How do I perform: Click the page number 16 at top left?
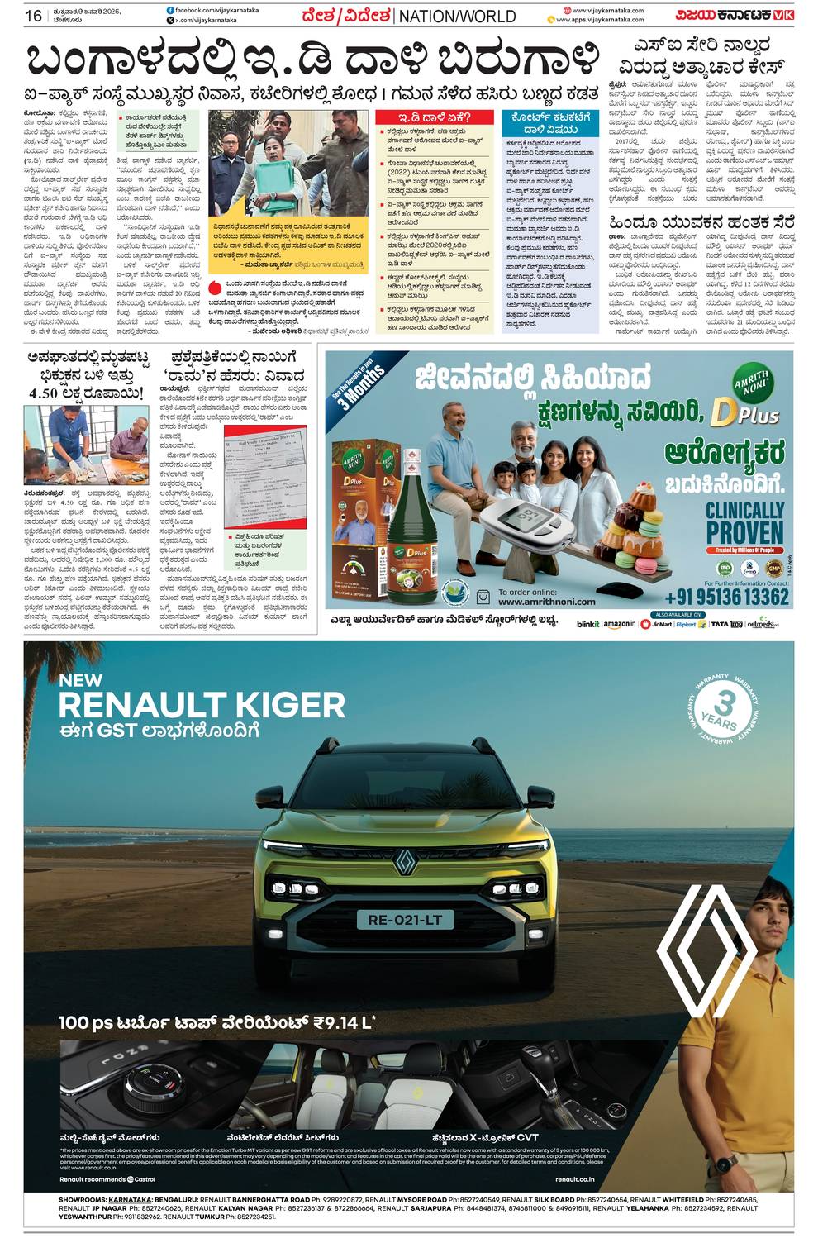point(33,16)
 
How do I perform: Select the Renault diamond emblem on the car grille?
point(405,861)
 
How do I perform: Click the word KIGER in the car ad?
point(277,705)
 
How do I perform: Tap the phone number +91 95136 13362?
point(726,597)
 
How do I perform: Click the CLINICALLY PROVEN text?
point(744,521)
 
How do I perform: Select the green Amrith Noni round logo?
point(753,384)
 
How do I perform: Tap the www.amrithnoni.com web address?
point(546,602)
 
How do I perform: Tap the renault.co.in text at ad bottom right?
point(574,1178)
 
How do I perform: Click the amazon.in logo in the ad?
point(619,624)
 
